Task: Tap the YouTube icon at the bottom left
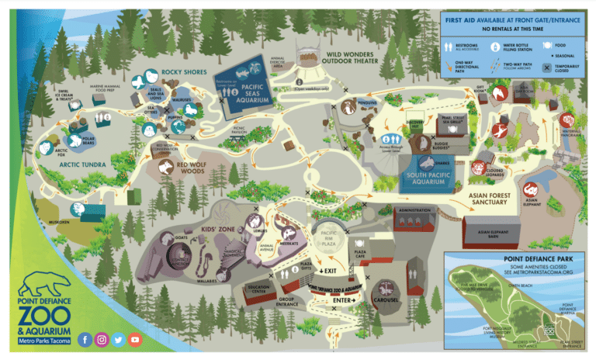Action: (135, 339)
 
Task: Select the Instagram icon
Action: (102, 339)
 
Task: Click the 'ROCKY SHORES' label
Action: (182, 72)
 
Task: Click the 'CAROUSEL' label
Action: (384, 299)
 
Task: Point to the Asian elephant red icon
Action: (531, 188)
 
